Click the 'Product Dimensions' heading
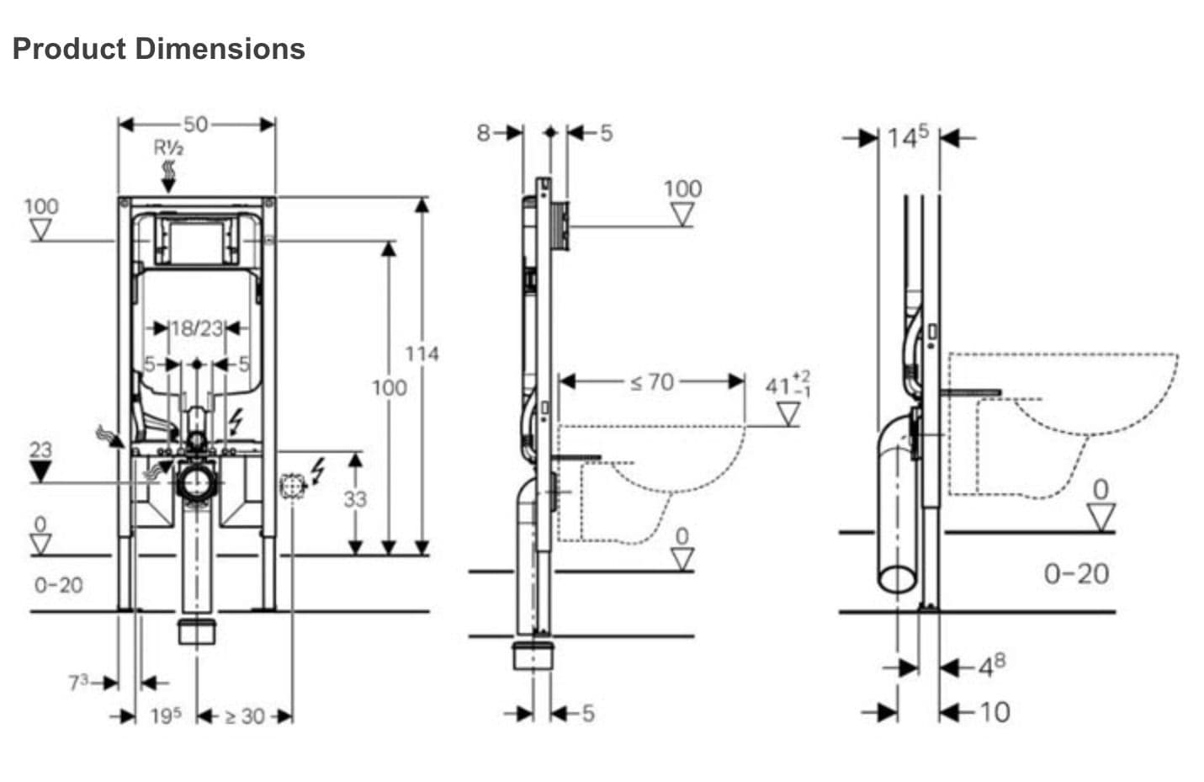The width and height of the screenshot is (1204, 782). click(158, 48)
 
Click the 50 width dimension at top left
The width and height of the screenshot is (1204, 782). click(195, 124)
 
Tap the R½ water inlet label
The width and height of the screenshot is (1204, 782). click(168, 148)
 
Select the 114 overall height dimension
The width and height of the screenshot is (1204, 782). click(422, 354)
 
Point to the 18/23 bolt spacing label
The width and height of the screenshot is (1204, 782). click(196, 327)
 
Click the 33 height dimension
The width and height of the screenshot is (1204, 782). click(355, 499)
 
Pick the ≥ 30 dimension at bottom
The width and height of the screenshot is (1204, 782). click(244, 716)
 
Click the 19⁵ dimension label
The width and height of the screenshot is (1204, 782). click(166, 716)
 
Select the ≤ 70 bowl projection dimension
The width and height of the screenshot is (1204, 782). click(652, 382)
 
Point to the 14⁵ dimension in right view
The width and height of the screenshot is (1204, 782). click(909, 136)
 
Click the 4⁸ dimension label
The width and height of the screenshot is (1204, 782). click(990, 666)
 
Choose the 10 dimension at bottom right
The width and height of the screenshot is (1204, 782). click(994, 712)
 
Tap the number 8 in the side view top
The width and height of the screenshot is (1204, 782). click(483, 132)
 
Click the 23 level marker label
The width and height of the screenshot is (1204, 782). click(40, 450)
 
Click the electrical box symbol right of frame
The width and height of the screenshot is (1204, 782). click(292, 487)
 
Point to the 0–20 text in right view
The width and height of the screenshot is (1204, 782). click(1076, 574)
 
